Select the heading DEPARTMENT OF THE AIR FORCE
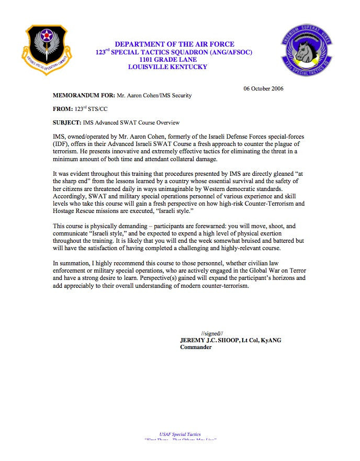[x=174, y=44]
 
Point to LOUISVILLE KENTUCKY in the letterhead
[x=167, y=67]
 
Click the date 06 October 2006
[x=263, y=88]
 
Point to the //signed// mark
[x=212, y=333]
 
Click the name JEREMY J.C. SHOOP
[x=209, y=340]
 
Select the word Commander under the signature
[x=196, y=347]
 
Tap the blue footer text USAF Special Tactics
[x=180, y=434]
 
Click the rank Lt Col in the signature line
[x=253, y=340]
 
